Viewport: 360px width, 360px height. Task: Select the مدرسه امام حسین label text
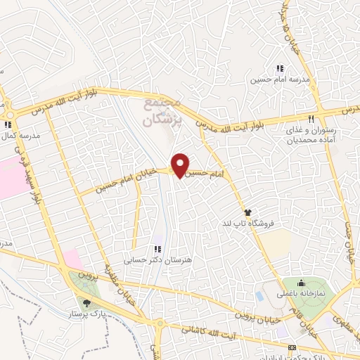[x=279, y=79]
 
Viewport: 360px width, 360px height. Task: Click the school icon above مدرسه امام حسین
[x=279, y=68]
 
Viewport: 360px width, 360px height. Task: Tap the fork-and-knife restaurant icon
[x=311, y=117]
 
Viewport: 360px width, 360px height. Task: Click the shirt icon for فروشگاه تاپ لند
[x=247, y=212]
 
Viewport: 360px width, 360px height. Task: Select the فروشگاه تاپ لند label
[x=247, y=223]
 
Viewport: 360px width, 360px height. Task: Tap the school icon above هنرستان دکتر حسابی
[x=158, y=248]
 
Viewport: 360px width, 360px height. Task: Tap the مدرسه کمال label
[x=20, y=134]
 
